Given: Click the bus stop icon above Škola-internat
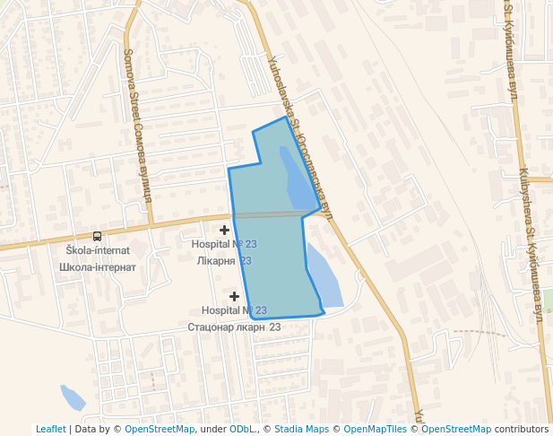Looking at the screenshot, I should (97, 236).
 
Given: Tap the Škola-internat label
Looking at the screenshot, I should (98, 250).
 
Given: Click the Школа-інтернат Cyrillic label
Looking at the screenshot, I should (97, 266).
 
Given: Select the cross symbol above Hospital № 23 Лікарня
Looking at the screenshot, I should (224, 231).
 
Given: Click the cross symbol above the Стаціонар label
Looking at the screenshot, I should (234, 296).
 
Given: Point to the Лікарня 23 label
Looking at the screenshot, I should (223, 260).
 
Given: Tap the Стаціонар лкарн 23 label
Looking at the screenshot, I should (234, 327).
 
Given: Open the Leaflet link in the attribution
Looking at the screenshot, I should (50, 429).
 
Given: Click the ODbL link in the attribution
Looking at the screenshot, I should (242, 429).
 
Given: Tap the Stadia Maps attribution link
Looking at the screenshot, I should (301, 429).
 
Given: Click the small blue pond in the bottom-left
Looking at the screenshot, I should (71, 396).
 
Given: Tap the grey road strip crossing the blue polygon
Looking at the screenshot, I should (269, 214).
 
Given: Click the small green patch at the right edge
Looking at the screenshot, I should (548, 297).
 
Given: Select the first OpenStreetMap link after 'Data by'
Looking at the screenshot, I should (160, 429).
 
